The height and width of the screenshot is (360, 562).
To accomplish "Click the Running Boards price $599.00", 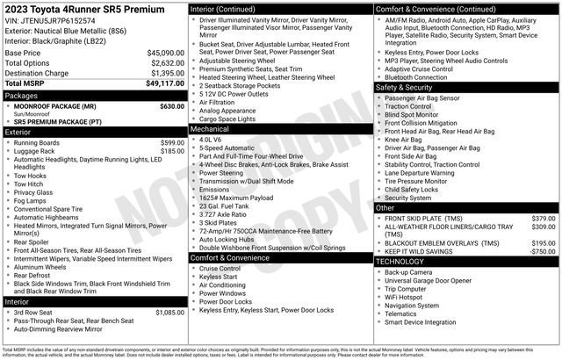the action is [172, 142].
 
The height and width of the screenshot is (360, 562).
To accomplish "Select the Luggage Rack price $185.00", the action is [172, 151].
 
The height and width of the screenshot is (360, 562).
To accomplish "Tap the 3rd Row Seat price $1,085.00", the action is [169, 312].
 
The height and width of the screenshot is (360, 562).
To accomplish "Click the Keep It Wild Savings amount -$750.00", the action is [543, 251].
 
